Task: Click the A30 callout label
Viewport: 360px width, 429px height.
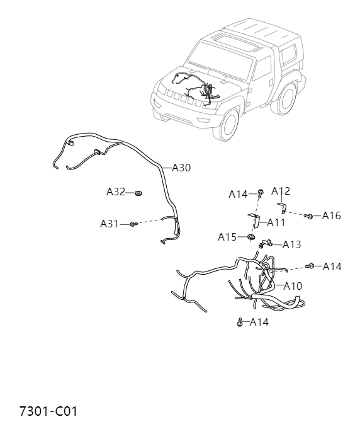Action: click(181, 168)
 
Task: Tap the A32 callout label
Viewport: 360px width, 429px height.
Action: click(116, 192)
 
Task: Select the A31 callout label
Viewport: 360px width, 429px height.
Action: click(110, 224)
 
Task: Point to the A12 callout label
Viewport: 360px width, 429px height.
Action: click(281, 191)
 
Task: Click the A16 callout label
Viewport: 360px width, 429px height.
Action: click(331, 215)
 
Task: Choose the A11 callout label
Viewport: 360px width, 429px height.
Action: click(276, 222)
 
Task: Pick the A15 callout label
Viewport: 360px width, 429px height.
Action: click(227, 237)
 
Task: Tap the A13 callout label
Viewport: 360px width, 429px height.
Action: click(291, 244)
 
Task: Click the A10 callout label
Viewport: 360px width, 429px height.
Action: click(293, 286)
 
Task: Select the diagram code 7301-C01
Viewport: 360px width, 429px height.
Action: click(48, 411)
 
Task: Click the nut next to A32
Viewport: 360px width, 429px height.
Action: click(138, 193)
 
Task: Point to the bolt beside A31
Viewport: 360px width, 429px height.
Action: click(133, 224)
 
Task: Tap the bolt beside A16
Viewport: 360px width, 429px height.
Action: click(308, 216)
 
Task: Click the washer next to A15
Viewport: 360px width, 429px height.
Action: click(250, 237)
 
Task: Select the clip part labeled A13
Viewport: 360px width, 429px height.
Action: click(264, 243)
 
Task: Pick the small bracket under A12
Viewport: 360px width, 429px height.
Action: click(283, 208)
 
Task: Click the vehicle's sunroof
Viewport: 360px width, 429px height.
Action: click(237, 43)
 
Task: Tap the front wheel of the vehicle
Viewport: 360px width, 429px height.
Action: click(229, 125)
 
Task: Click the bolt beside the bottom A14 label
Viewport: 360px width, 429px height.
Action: click(240, 323)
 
